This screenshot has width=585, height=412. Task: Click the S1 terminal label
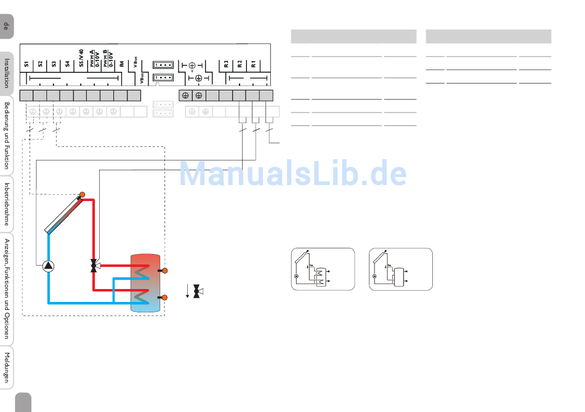coord(26,63)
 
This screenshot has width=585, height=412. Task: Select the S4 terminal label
coord(67,63)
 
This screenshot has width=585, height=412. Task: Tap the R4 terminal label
coord(122,63)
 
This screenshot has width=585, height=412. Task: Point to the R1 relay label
coord(253,63)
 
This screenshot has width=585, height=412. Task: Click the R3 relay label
coord(226,63)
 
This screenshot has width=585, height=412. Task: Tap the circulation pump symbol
coord(48,266)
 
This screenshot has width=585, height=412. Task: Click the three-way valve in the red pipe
coord(94,266)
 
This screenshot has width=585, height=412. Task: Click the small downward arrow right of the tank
coord(187,291)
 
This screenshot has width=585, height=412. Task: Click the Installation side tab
coord(7,73)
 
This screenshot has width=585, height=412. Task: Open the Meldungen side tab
coord(7,367)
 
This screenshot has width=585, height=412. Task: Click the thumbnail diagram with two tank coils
coord(323,269)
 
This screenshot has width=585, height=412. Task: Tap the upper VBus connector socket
coord(163,65)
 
